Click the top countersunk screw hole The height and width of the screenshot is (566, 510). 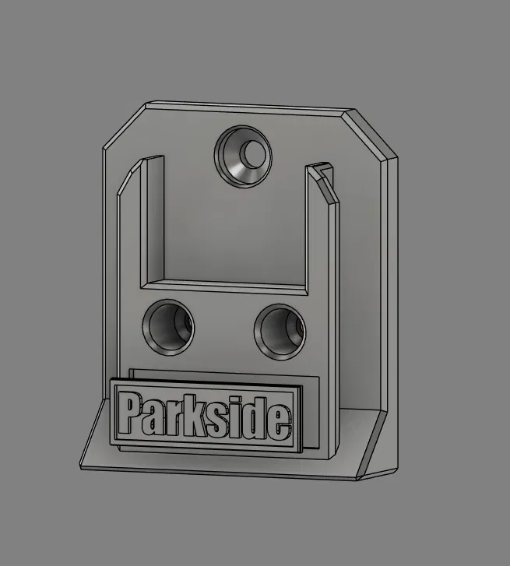pyautogui.click(x=243, y=156)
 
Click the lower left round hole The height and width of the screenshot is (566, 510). pyautogui.click(x=168, y=328)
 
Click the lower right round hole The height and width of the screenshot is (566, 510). pyautogui.click(x=280, y=332)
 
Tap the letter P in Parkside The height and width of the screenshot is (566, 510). pyautogui.click(x=130, y=413)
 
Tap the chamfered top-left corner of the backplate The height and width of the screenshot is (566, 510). pyautogui.click(x=125, y=125)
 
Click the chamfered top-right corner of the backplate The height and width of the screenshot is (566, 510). pyautogui.click(x=371, y=134)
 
